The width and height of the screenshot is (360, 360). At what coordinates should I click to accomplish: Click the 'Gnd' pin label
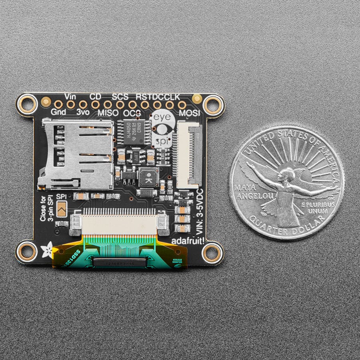tap(58, 112)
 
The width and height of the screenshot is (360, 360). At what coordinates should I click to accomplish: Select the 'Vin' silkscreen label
tap(70, 96)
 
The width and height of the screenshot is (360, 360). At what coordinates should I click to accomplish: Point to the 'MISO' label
tap(108, 113)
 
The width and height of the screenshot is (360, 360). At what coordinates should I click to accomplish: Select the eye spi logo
tap(162, 129)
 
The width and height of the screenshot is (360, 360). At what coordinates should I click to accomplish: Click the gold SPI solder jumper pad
tap(61, 209)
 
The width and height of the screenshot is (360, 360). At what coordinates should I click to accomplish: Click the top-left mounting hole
tap(28, 104)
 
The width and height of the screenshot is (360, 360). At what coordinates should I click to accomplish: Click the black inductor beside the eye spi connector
tap(148, 177)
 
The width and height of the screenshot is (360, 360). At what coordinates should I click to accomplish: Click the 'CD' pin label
tap(95, 96)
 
